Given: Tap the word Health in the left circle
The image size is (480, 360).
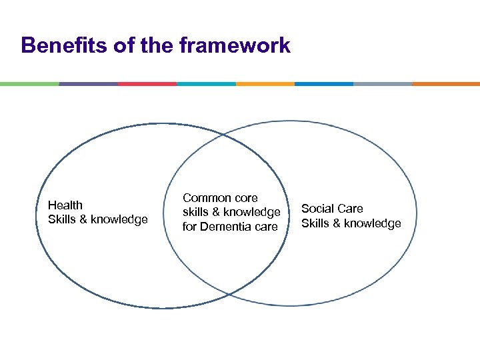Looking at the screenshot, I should point(65,205).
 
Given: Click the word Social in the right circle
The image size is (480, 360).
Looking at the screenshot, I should point(317,209).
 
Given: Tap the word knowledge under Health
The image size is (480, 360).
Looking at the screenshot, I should point(119,219).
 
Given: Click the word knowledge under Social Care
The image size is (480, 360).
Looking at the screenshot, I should point(372,223).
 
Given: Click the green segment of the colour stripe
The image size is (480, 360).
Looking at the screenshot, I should point(29,84).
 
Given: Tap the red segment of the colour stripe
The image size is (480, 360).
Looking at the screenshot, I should point(147,84).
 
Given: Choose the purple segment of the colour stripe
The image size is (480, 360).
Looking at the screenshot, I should point(88,84).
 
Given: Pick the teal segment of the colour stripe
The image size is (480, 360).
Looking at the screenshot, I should point(206,84).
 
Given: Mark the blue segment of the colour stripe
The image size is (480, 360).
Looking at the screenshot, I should point(324,84).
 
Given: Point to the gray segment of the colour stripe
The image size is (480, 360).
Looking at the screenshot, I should point(383,84).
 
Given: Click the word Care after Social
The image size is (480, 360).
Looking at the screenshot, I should point(351,209).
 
